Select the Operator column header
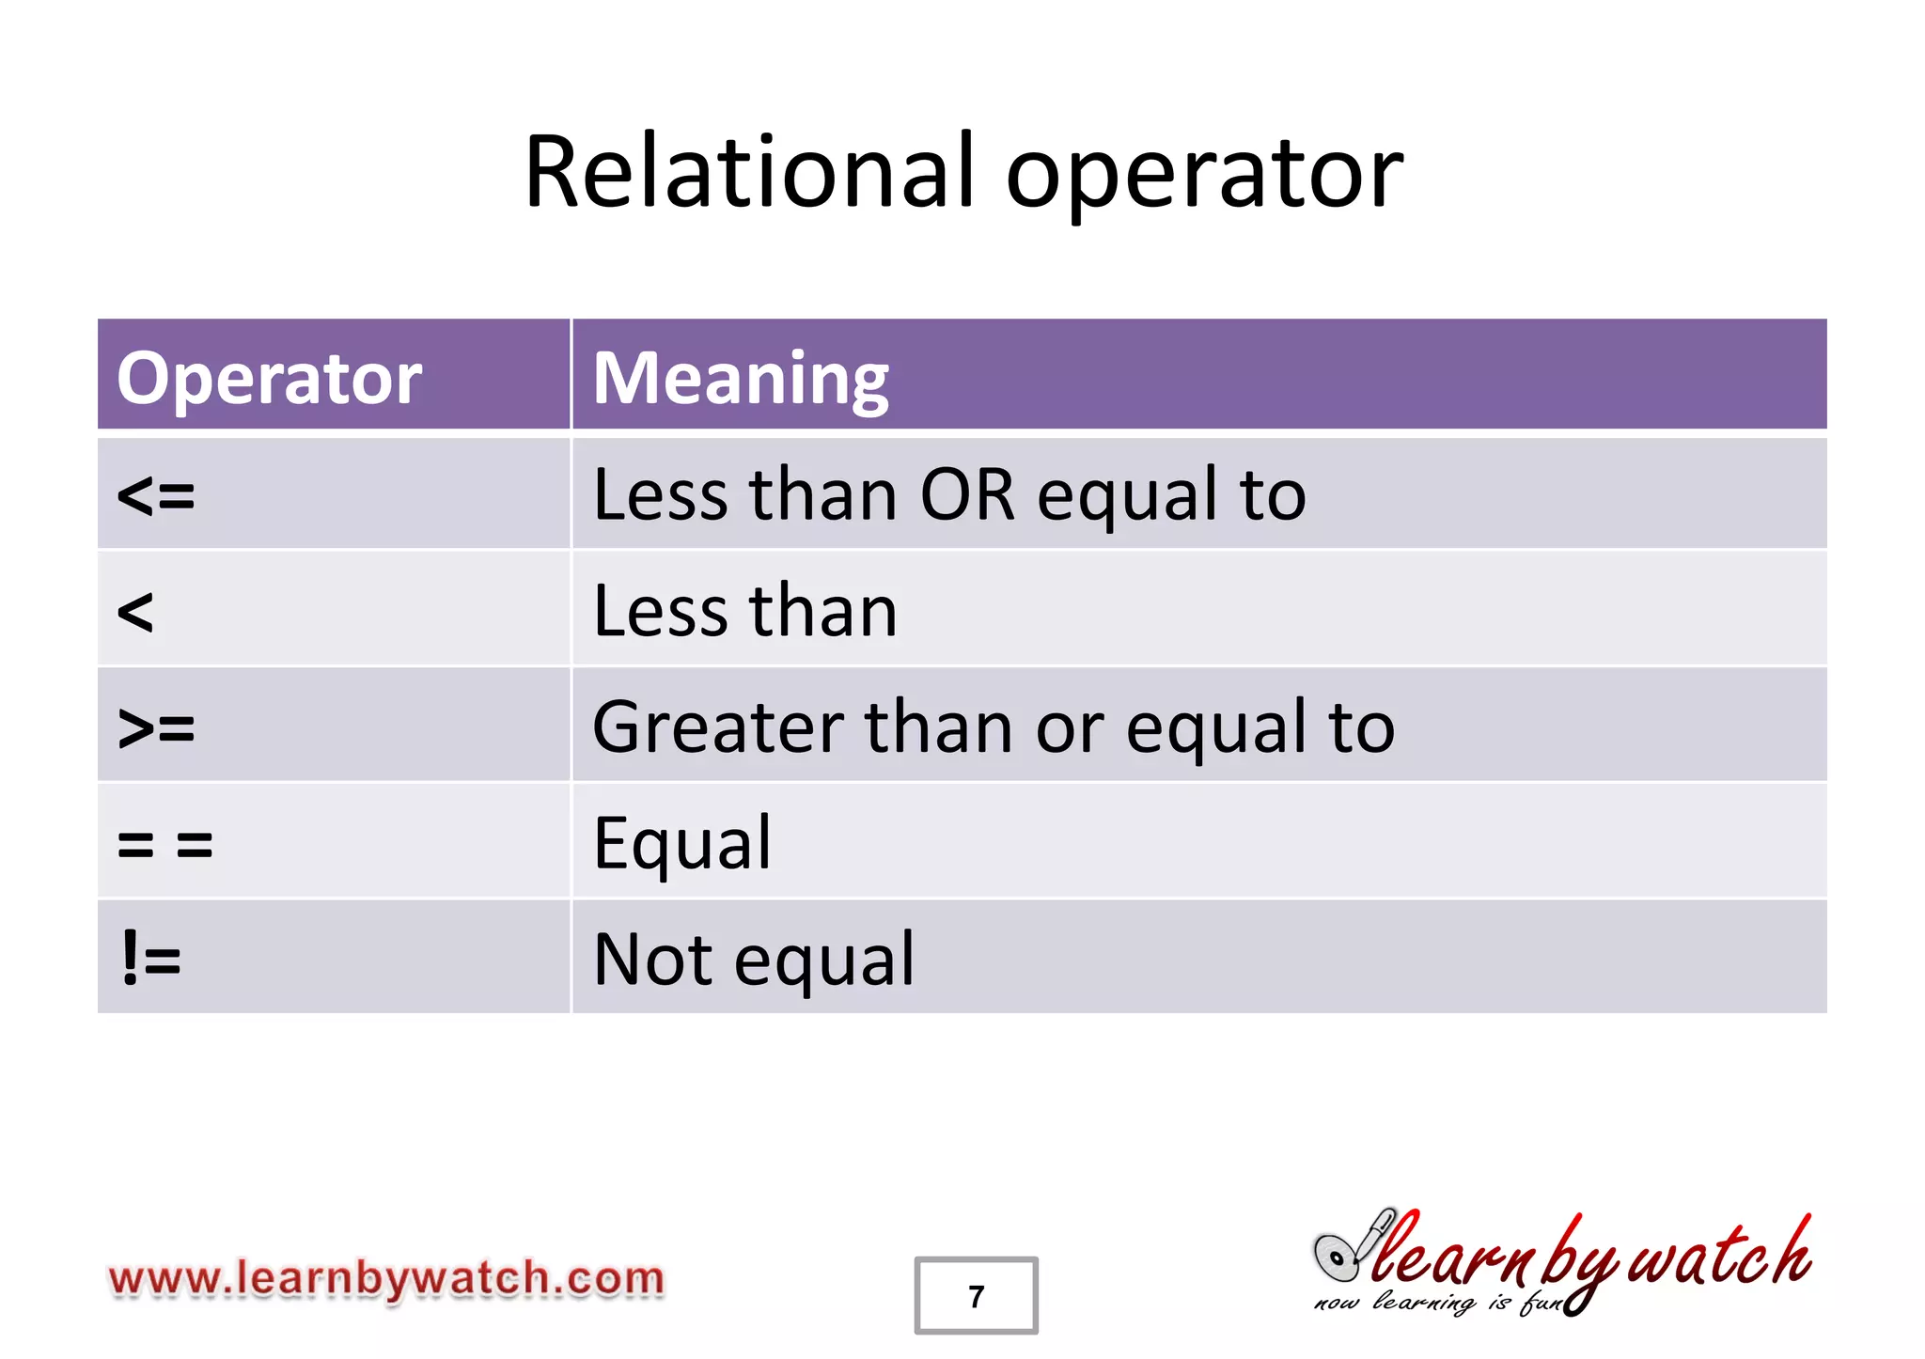(x=269, y=378)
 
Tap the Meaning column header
(x=741, y=378)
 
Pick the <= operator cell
(x=156, y=495)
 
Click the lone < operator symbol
(x=135, y=613)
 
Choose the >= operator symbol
(x=156, y=728)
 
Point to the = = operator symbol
(x=165, y=844)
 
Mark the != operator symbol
(x=150, y=960)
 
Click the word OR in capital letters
(x=967, y=495)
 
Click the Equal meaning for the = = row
(x=682, y=844)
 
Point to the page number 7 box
(x=976, y=1296)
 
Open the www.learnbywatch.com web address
(x=386, y=1279)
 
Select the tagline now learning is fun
(x=1438, y=1304)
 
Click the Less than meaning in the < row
(x=745, y=613)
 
